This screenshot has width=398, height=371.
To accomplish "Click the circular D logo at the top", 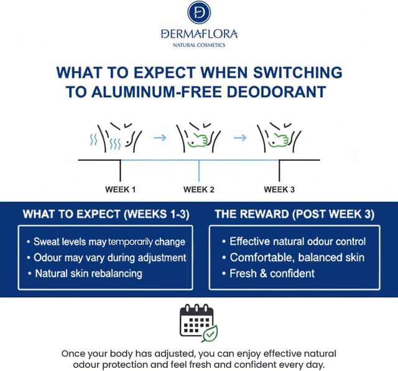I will pos(199,12).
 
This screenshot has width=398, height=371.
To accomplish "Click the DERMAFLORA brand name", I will pos(199,34).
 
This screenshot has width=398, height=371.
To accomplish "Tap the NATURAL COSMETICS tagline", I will pos(199,45).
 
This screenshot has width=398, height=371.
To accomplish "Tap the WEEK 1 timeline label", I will pos(121,189).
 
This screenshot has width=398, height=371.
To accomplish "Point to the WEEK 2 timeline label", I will pos(199,189).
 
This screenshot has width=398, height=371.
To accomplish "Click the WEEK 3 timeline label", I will pos(279,189).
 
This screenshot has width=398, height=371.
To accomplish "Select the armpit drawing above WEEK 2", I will pos(198,138).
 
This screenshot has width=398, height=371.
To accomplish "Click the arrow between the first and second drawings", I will pos(160,138).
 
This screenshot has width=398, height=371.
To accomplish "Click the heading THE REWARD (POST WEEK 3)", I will pos(294,215).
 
